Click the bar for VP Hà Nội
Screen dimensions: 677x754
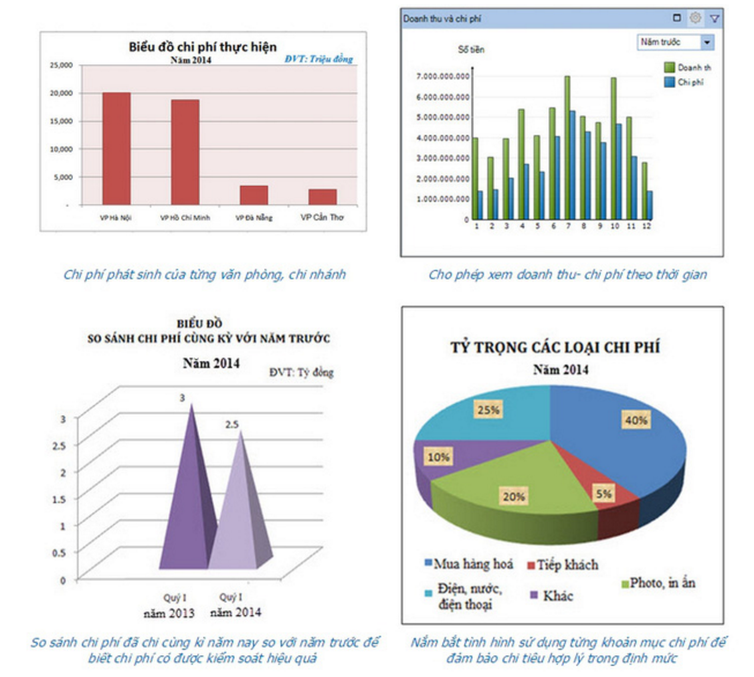(x=116, y=148)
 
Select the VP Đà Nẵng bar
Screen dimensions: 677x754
(x=254, y=195)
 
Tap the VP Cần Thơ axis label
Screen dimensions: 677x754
(x=322, y=217)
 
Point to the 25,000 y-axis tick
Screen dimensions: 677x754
(x=61, y=65)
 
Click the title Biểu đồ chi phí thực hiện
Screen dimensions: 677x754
(x=202, y=47)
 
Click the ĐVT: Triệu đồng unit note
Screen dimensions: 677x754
(x=318, y=60)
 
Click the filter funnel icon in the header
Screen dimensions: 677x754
(x=715, y=18)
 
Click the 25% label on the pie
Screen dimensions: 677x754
(x=487, y=410)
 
